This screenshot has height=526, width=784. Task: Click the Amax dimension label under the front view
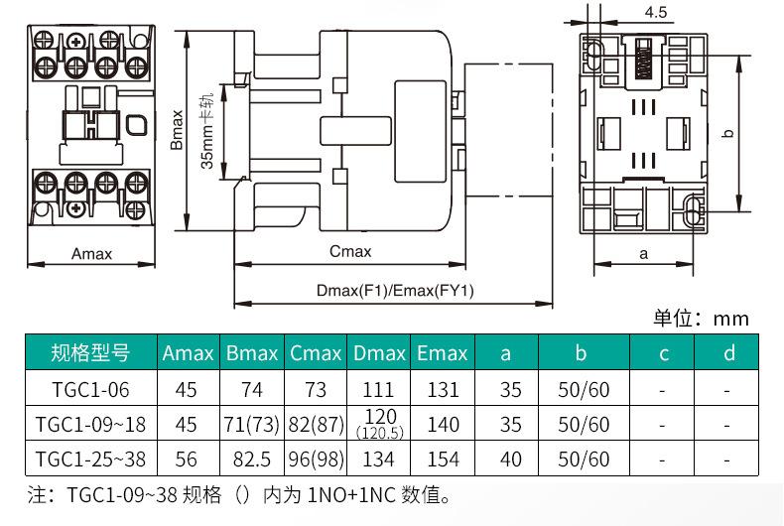pyautogui.click(x=91, y=253)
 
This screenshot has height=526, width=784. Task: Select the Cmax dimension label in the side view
pyautogui.click(x=349, y=252)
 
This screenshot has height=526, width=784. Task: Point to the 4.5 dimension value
pyautogui.click(x=654, y=13)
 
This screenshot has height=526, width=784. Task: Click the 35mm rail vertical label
pyautogui.click(x=207, y=129)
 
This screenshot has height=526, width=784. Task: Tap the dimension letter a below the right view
pyautogui.click(x=643, y=253)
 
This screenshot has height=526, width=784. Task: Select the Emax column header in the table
pyautogui.click(x=443, y=353)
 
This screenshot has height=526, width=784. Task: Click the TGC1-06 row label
pyautogui.click(x=90, y=390)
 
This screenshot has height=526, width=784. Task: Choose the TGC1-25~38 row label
pyautogui.click(x=90, y=460)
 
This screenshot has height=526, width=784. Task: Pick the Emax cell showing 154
pyautogui.click(x=443, y=460)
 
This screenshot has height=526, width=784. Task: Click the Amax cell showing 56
pyautogui.click(x=187, y=460)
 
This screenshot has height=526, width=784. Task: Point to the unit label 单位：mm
pyautogui.click(x=701, y=319)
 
